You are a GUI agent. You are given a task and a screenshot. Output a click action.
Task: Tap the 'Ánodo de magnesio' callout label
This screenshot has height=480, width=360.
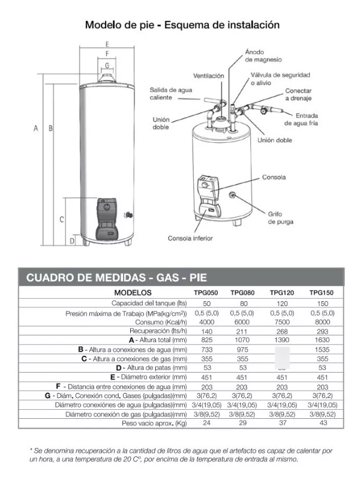(263, 56)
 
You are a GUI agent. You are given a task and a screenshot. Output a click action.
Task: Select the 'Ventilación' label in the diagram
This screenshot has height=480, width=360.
(208, 76)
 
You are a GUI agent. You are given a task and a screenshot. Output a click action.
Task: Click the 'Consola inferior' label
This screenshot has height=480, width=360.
(190, 238)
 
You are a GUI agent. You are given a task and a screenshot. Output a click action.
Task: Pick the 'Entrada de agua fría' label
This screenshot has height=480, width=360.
(307, 119)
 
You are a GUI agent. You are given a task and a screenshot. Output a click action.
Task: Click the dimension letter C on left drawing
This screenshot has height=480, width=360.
(62, 220)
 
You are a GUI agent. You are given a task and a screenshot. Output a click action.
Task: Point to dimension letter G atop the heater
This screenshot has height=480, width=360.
(106, 65)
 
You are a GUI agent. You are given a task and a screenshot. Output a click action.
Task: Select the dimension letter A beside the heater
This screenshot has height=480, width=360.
(36, 128)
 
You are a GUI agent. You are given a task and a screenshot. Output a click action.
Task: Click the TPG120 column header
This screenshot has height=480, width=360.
(282, 293)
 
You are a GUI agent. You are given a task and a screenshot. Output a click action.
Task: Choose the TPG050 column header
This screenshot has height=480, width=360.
(205, 293)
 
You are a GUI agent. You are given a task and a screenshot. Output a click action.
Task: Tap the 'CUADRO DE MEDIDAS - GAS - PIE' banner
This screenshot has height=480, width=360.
(116, 278)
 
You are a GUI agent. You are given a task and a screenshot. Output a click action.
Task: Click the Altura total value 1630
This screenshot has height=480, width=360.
(322, 340)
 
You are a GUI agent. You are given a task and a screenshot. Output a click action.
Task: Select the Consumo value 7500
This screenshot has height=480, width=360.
(282, 322)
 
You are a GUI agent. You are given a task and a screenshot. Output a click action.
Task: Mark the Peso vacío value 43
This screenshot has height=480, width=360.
(322, 423)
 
